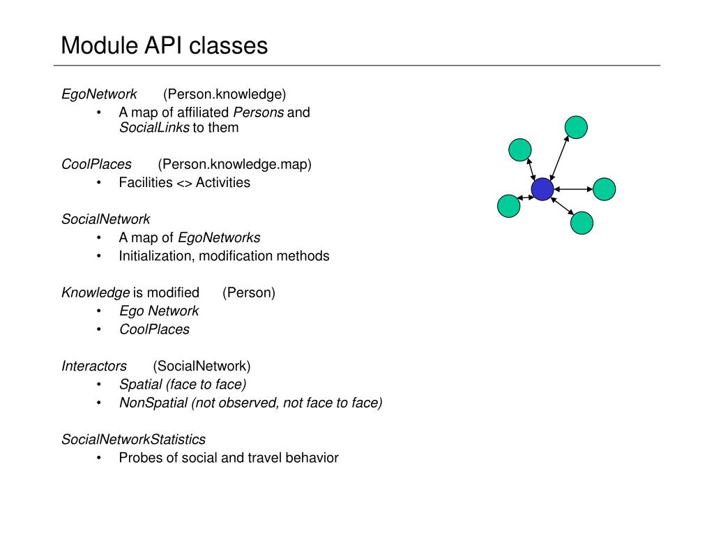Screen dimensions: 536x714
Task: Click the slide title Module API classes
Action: click(164, 46)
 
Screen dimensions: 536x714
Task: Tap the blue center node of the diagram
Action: click(542, 188)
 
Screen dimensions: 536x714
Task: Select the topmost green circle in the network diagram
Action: click(576, 127)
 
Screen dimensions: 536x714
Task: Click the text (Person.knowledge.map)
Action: click(234, 165)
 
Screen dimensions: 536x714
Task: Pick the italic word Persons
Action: click(258, 112)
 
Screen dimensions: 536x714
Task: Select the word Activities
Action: click(222, 183)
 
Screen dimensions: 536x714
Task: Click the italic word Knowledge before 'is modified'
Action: click(96, 292)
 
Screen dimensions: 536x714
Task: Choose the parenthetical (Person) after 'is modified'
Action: click(249, 292)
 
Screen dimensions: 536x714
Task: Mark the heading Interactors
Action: click(94, 366)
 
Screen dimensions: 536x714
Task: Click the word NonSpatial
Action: click(153, 403)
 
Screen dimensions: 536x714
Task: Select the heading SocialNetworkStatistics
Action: click(133, 439)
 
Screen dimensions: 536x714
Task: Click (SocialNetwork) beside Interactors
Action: click(202, 366)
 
